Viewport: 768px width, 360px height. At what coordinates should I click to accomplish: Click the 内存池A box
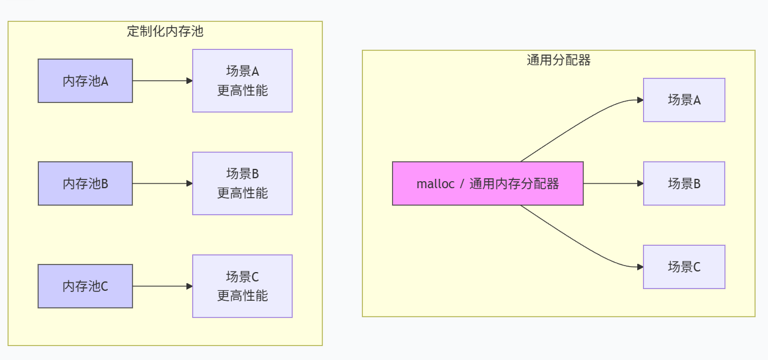pyautogui.click(x=85, y=81)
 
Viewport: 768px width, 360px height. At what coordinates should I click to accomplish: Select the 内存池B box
pyautogui.click(x=85, y=184)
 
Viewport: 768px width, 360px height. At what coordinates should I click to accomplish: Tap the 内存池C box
pyautogui.click(x=85, y=286)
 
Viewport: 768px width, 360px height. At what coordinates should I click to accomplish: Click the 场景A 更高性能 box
pyautogui.click(x=242, y=81)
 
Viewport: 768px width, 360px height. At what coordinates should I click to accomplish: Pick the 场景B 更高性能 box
pyautogui.click(x=242, y=184)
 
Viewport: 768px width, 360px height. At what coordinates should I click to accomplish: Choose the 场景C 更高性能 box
pyautogui.click(x=242, y=286)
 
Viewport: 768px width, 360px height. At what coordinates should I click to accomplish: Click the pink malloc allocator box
pyautogui.click(x=488, y=184)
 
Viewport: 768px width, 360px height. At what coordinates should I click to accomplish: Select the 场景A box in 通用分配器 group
pyautogui.click(x=684, y=100)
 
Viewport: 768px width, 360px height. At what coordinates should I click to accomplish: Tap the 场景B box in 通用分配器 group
pyautogui.click(x=684, y=184)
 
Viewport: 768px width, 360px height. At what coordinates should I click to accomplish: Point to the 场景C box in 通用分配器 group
pyautogui.click(x=684, y=267)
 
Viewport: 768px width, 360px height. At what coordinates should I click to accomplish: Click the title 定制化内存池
pyautogui.click(x=165, y=32)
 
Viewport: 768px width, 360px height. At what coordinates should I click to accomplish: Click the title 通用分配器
pyautogui.click(x=558, y=60)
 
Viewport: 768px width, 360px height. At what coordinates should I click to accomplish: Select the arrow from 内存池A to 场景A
pyautogui.click(x=162, y=81)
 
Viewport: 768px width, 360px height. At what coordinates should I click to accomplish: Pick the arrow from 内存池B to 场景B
pyautogui.click(x=162, y=184)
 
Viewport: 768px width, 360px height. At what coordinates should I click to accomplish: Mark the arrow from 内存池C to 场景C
pyautogui.click(x=162, y=286)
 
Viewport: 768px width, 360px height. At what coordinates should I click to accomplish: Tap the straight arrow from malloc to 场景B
pyautogui.click(x=613, y=184)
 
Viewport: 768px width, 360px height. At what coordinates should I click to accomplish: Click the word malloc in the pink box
pyautogui.click(x=435, y=184)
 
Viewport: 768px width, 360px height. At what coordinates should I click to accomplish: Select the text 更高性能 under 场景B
pyautogui.click(x=242, y=193)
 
